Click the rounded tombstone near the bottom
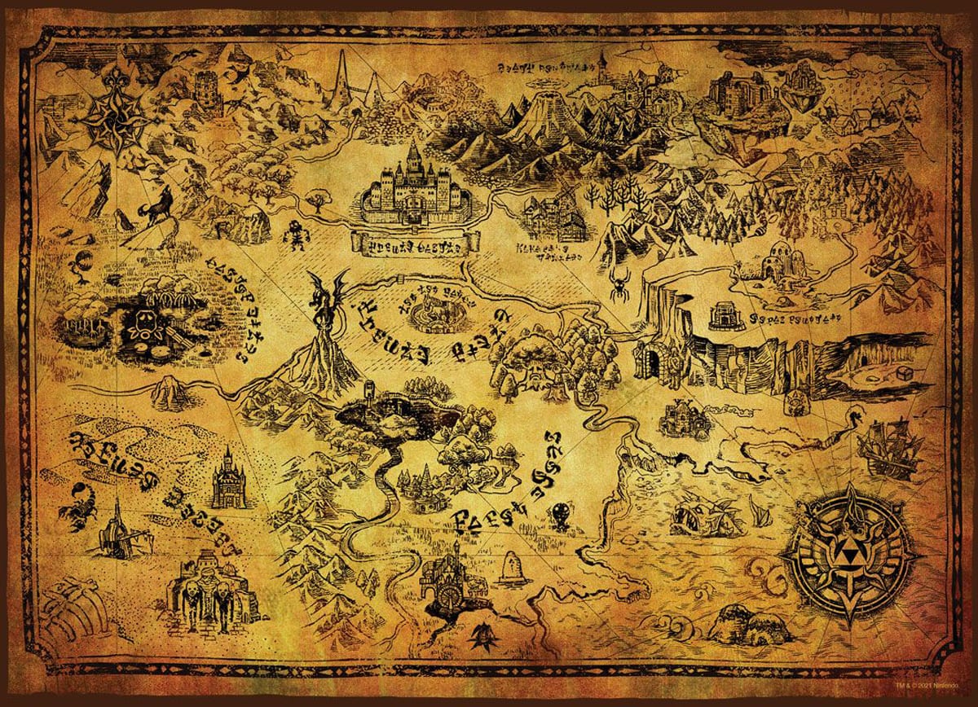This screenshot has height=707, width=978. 515,565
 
